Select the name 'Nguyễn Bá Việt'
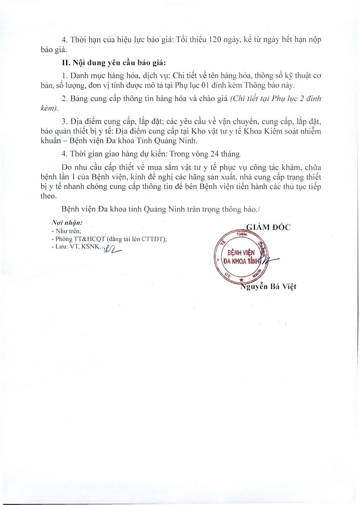[268, 287]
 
